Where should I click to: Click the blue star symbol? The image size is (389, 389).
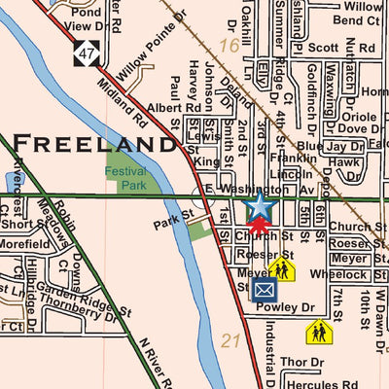pyautogui.click(x=260, y=207)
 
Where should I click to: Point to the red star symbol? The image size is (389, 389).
pyautogui.click(x=259, y=229)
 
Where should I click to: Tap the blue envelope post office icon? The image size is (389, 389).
pyautogui.click(x=264, y=290)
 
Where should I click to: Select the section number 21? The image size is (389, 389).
pyautogui.click(x=230, y=340)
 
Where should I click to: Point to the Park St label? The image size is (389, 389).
pyautogui.click(x=172, y=223)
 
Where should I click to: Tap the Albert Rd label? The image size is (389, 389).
pyautogui.click(x=164, y=108)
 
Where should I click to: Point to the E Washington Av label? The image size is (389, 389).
pyautogui.click(x=263, y=189)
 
